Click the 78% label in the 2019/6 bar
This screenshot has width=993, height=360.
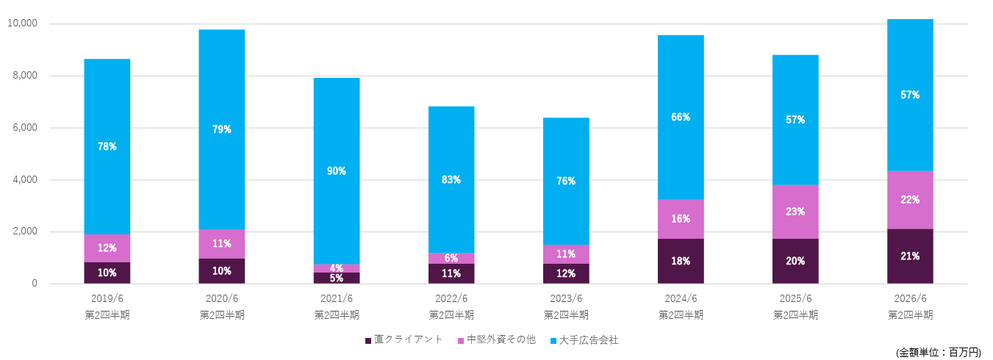(107, 146)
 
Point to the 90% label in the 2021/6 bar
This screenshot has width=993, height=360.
(337, 171)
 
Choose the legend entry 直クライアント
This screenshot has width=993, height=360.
(404, 340)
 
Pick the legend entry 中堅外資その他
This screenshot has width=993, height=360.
(496, 340)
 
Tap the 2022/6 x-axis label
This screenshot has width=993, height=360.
(451, 299)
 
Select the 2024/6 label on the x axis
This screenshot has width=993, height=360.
(680, 299)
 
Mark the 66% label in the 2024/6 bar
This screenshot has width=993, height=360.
(681, 117)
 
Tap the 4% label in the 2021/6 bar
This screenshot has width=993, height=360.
(337, 268)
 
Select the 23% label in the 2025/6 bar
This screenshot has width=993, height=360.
(795, 212)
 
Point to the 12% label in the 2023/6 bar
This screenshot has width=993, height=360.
(566, 273)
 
